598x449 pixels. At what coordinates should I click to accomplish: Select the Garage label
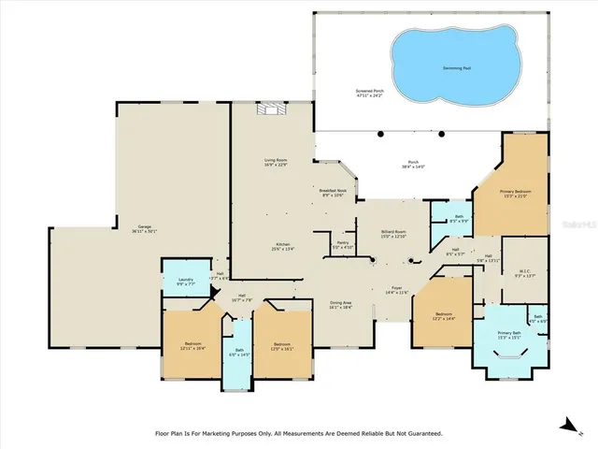pyautogui.click(x=145, y=227)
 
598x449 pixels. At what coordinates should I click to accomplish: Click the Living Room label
pyautogui.click(x=274, y=162)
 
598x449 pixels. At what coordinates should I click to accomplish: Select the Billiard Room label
pyautogui.click(x=392, y=232)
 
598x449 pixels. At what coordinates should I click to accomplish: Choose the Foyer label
pyautogui.click(x=396, y=291)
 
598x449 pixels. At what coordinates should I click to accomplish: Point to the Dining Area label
pyautogui.click(x=340, y=303)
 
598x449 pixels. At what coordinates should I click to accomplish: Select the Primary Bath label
pyautogui.click(x=509, y=334)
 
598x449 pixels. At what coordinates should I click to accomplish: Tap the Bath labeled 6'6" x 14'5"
pyautogui.click(x=238, y=353)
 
